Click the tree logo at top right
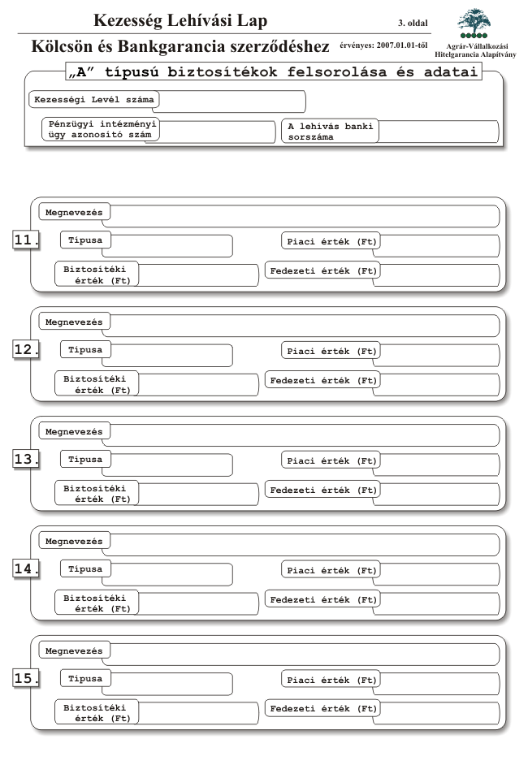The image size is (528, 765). click(x=474, y=23)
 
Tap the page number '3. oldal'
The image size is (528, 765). click(x=413, y=23)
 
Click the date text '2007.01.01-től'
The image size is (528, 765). click(x=402, y=45)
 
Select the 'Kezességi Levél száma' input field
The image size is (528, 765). click(x=232, y=102)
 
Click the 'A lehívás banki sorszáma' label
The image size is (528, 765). click(x=331, y=132)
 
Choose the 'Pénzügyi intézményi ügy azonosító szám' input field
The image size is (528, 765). click(x=217, y=132)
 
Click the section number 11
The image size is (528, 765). click(x=26, y=240)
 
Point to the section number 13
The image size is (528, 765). click(x=26, y=459)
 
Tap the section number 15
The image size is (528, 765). click(x=26, y=678)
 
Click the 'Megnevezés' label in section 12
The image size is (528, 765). click(x=74, y=322)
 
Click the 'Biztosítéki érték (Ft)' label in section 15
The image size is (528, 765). click(x=96, y=713)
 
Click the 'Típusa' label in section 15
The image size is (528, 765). click(x=85, y=679)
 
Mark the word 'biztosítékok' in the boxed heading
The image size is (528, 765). click(x=222, y=72)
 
